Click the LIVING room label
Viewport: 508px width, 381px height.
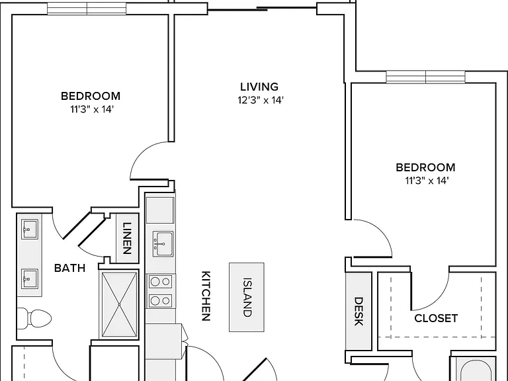click(x=259, y=87)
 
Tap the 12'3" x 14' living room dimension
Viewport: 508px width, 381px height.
click(x=261, y=100)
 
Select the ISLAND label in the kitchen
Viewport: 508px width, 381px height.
click(x=247, y=297)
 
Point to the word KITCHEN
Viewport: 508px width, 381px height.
click(x=206, y=296)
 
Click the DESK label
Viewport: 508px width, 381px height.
click(x=358, y=312)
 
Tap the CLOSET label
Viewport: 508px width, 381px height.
click(x=436, y=318)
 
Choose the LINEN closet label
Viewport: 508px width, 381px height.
click(x=127, y=238)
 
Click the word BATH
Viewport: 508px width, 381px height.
click(x=69, y=268)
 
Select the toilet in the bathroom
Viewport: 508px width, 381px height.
click(x=34, y=317)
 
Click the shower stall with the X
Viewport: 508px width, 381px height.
click(x=119, y=304)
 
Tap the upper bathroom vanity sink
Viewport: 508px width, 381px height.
click(x=30, y=230)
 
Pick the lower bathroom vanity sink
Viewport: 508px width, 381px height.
click(x=30, y=278)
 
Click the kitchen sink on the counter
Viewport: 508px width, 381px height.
click(x=163, y=243)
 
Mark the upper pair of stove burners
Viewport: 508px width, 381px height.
click(x=160, y=282)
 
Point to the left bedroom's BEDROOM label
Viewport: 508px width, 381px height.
click(x=91, y=96)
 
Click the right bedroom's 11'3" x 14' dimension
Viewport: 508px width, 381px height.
click(x=427, y=181)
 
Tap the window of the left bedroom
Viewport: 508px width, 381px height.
click(x=87, y=9)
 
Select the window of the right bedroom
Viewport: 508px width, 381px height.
click(x=425, y=77)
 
